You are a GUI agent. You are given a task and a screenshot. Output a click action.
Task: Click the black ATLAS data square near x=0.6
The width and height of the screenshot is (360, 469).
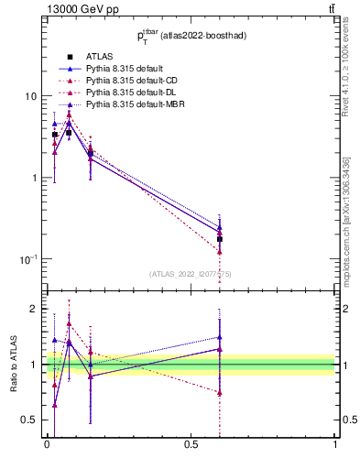tap(220, 239)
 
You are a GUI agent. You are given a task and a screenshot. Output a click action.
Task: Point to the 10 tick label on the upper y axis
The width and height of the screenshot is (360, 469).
tap(30, 96)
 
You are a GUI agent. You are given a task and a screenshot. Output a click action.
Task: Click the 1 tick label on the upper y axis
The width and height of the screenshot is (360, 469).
tap(33, 178)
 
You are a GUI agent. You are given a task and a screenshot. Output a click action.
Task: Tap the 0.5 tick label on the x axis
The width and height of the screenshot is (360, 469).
tap(191, 444)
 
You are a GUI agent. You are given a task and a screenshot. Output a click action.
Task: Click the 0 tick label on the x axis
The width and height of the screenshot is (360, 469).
tap(47, 444)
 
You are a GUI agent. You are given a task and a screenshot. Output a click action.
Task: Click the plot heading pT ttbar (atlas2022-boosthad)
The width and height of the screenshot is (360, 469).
tap(191, 37)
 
